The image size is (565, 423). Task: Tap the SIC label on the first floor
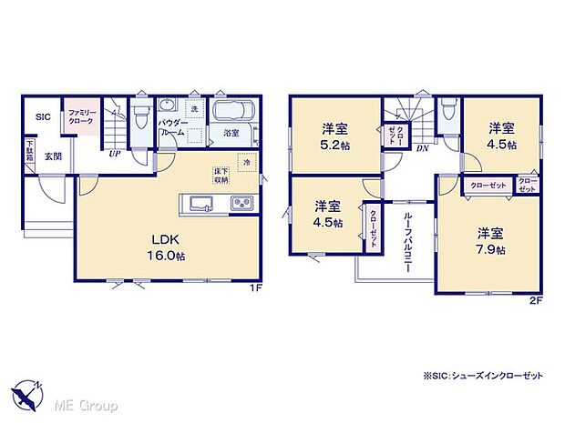pos(43,117)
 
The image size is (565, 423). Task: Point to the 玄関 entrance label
pos(53,156)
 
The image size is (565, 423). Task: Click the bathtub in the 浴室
pos(234,113)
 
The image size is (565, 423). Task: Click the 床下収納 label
pos(221,174)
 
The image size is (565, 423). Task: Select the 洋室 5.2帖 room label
pos(333,136)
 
